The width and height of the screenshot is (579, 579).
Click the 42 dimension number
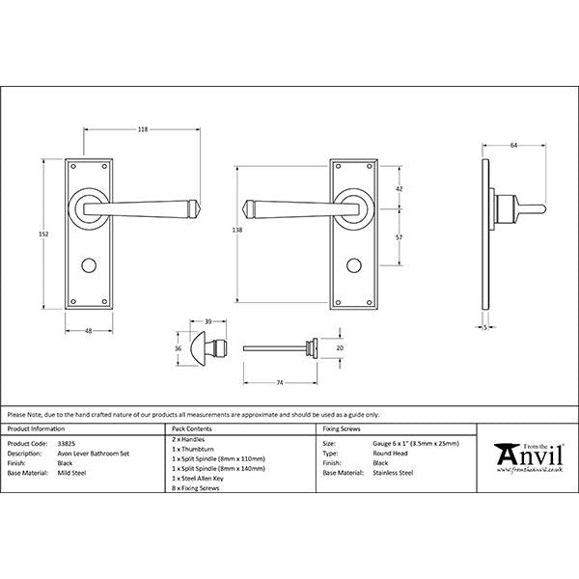point(400,190)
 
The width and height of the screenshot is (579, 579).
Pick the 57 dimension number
point(400,234)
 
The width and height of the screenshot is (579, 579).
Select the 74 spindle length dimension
point(279,384)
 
